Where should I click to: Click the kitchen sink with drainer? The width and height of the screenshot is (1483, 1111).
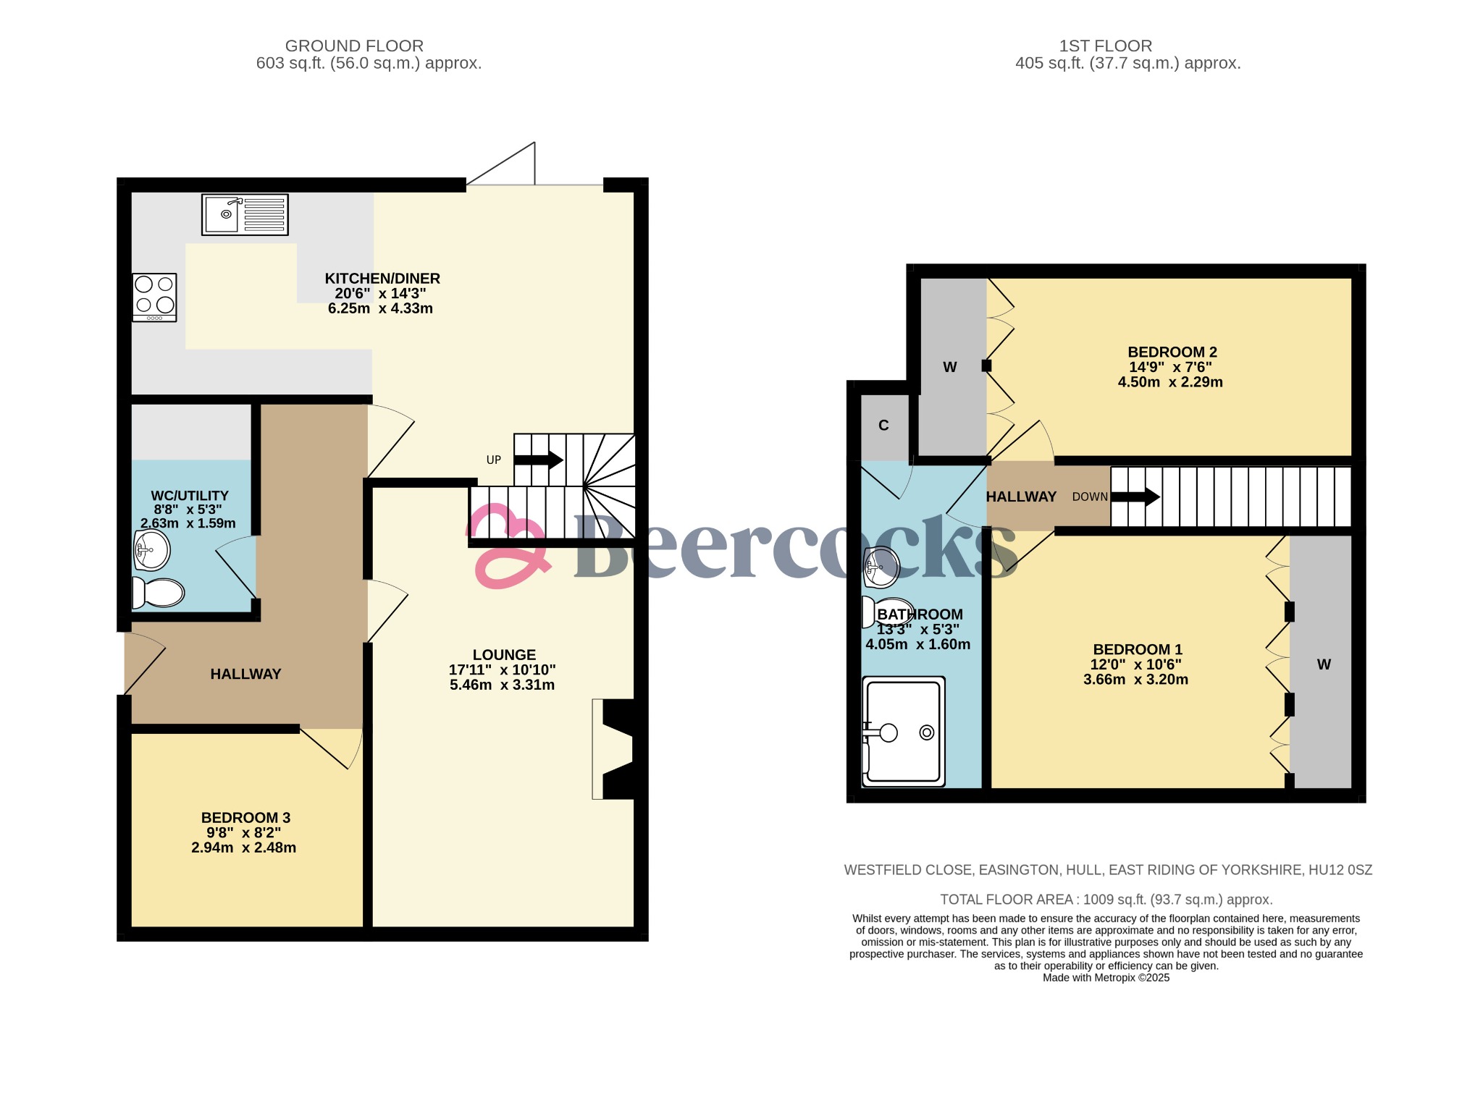245,214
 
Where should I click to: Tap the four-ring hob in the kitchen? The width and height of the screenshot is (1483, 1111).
154,297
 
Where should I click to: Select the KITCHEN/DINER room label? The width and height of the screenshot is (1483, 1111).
382,279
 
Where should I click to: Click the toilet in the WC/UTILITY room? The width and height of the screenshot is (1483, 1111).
158,593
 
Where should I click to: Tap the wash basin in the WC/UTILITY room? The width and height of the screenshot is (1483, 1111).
152,550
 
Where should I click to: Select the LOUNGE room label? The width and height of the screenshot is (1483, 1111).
504,654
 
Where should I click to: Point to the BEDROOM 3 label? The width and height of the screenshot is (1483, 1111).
245,818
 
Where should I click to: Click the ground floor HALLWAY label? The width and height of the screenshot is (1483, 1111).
245,674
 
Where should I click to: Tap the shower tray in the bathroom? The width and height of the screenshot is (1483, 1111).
904,732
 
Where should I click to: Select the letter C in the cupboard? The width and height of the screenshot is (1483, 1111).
883,426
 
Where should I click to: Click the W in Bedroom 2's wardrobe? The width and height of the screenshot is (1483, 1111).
950,367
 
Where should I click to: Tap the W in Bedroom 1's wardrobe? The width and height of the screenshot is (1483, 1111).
1324,664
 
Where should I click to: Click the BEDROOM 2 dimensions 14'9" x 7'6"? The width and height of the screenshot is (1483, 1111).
1170,367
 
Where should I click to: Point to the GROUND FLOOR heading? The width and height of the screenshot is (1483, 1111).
354,46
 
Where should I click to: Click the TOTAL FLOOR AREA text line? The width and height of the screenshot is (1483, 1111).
1106,900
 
